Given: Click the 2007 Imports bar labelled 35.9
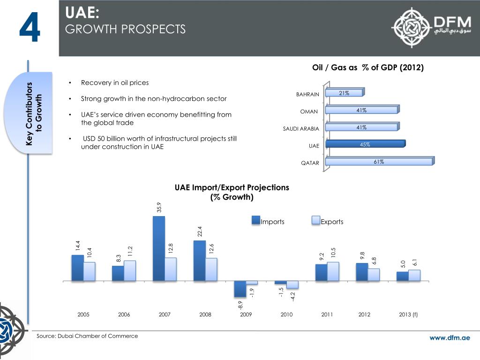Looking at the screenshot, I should click(x=158, y=248).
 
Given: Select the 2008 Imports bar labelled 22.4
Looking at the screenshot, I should click(x=199, y=261).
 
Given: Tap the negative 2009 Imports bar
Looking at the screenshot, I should click(x=240, y=289).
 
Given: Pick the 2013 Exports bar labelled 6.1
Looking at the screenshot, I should click(x=414, y=275).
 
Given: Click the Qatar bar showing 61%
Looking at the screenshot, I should click(x=379, y=162).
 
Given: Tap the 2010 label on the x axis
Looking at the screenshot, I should click(x=286, y=315).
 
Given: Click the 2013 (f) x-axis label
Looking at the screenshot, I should click(x=408, y=315).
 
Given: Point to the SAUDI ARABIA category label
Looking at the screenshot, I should click(x=301, y=129).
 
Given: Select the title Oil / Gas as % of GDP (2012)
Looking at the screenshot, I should click(x=368, y=67).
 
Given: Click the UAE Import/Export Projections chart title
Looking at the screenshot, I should click(x=232, y=192).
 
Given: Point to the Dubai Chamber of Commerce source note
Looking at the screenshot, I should click(x=87, y=336).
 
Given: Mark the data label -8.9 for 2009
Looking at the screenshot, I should click(x=240, y=306).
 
